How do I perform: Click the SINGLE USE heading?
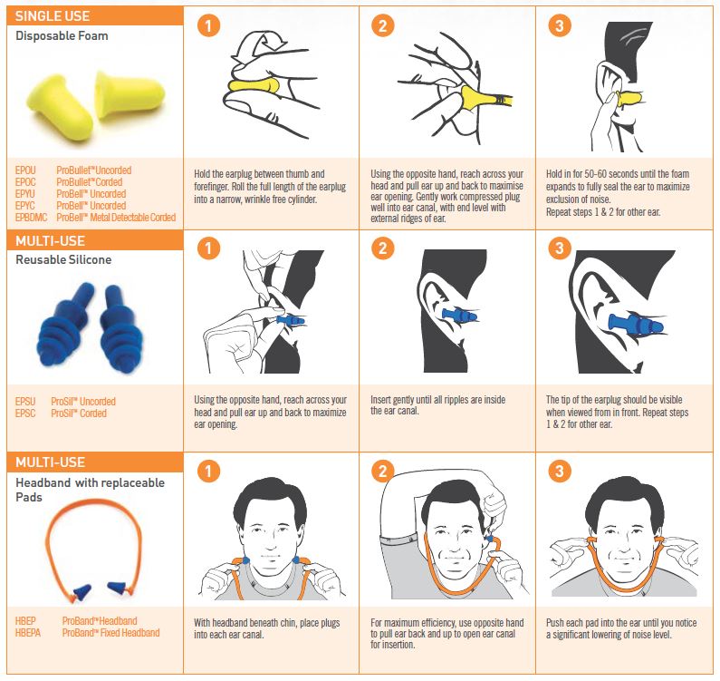(x=53, y=16)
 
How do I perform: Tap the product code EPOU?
(x=25, y=170)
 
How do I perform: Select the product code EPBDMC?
(x=31, y=218)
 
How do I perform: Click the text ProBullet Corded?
(x=89, y=182)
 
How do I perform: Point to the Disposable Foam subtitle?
(x=62, y=36)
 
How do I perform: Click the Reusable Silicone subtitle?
(x=63, y=260)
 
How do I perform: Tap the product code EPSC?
(x=25, y=413)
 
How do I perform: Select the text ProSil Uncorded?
(x=83, y=402)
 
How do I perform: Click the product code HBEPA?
(x=27, y=633)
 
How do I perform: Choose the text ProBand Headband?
(x=100, y=621)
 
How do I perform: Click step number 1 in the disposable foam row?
(x=208, y=25)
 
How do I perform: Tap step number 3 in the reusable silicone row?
(x=560, y=248)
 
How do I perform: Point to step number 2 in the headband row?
(x=382, y=471)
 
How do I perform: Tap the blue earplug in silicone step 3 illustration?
(x=636, y=323)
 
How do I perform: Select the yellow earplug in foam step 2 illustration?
(x=485, y=98)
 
